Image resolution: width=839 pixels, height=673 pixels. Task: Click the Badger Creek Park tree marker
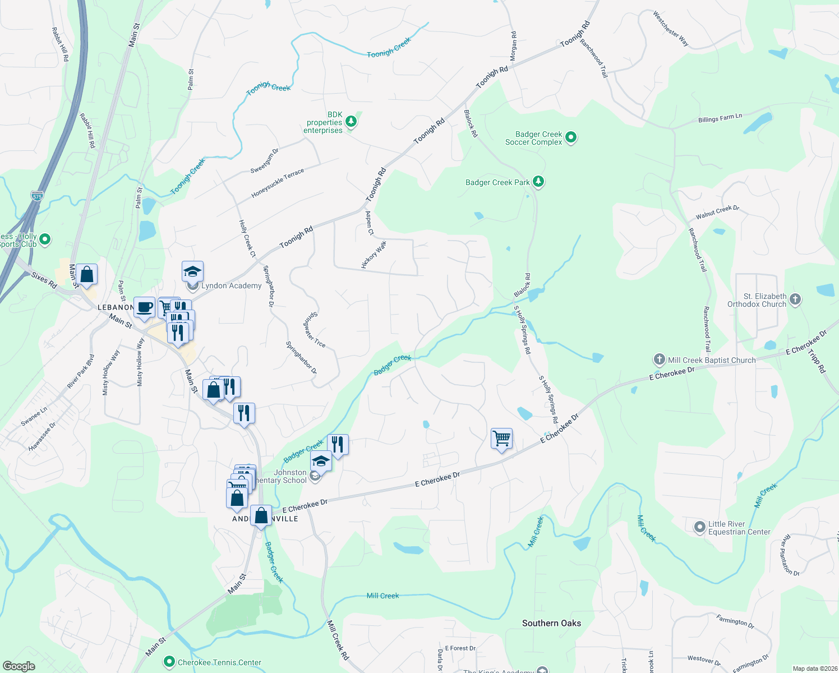tap(538, 181)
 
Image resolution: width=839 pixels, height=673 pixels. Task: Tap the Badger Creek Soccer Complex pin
tap(571, 137)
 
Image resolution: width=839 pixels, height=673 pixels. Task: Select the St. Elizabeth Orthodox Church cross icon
tap(795, 299)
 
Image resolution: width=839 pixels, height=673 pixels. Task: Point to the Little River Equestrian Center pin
tap(699, 527)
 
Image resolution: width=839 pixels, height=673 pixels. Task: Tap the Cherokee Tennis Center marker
tap(169, 662)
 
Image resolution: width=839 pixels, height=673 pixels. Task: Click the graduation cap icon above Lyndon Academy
tap(192, 272)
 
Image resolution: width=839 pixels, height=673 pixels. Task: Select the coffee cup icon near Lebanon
tap(145, 307)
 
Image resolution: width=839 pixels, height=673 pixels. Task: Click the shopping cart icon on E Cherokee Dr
tap(501, 438)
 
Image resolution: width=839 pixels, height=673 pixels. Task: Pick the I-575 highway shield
tap(37, 196)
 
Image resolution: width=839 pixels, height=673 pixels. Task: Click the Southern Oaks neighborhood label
tap(551, 623)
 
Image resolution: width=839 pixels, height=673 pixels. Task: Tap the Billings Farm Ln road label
tap(720, 118)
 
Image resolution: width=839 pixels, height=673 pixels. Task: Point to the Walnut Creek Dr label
tap(717, 212)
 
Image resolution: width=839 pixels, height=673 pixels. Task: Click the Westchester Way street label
tap(670, 29)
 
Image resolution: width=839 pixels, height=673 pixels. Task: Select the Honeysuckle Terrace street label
tap(278, 183)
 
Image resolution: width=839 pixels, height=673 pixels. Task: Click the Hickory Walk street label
tap(374, 255)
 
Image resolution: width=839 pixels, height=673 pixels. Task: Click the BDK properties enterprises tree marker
tap(351, 121)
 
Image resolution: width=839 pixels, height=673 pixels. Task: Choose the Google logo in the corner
tap(19, 666)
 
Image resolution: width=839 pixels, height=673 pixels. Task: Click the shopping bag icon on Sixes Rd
tap(87, 275)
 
